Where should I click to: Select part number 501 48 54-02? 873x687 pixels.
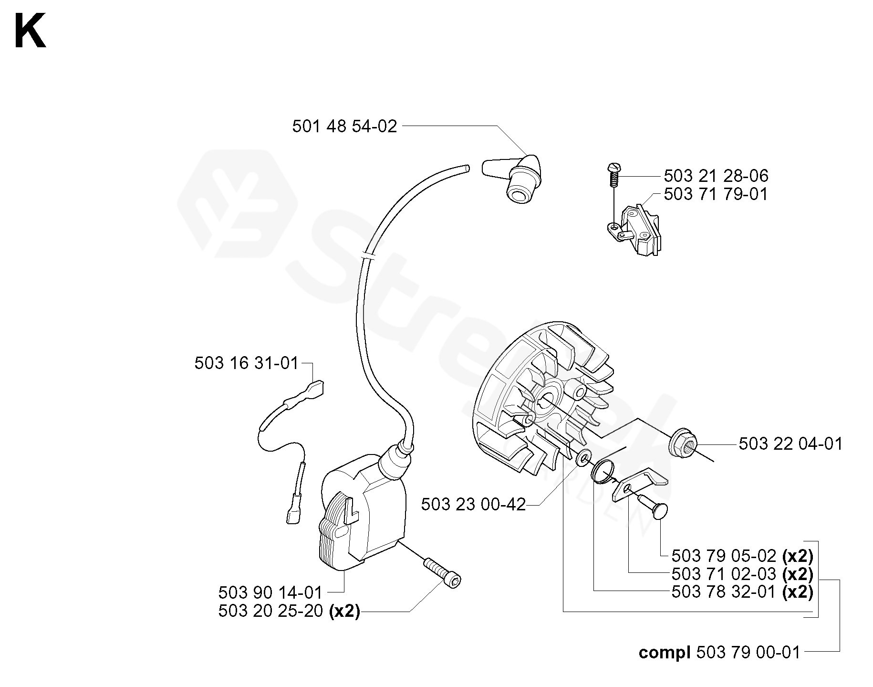[x=344, y=127]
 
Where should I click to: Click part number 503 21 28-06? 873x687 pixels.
[x=716, y=176]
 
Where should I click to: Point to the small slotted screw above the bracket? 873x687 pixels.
[x=613, y=175]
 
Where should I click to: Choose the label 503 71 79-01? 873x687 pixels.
[x=716, y=195]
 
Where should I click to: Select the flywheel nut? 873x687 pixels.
[x=682, y=444]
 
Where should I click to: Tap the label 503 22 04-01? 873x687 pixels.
[x=790, y=444]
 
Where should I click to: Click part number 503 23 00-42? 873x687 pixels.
[x=473, y=504]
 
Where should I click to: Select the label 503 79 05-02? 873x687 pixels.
[x=724, y=556]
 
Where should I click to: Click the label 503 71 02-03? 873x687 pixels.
[x=724, y=573]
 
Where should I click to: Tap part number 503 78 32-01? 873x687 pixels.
[x=724, y=592]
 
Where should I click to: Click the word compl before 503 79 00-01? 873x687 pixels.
[x=665, y=653]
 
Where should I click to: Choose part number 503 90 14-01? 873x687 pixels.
[x=270, y=593]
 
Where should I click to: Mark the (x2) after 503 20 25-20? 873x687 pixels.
[x=344, y=612]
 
